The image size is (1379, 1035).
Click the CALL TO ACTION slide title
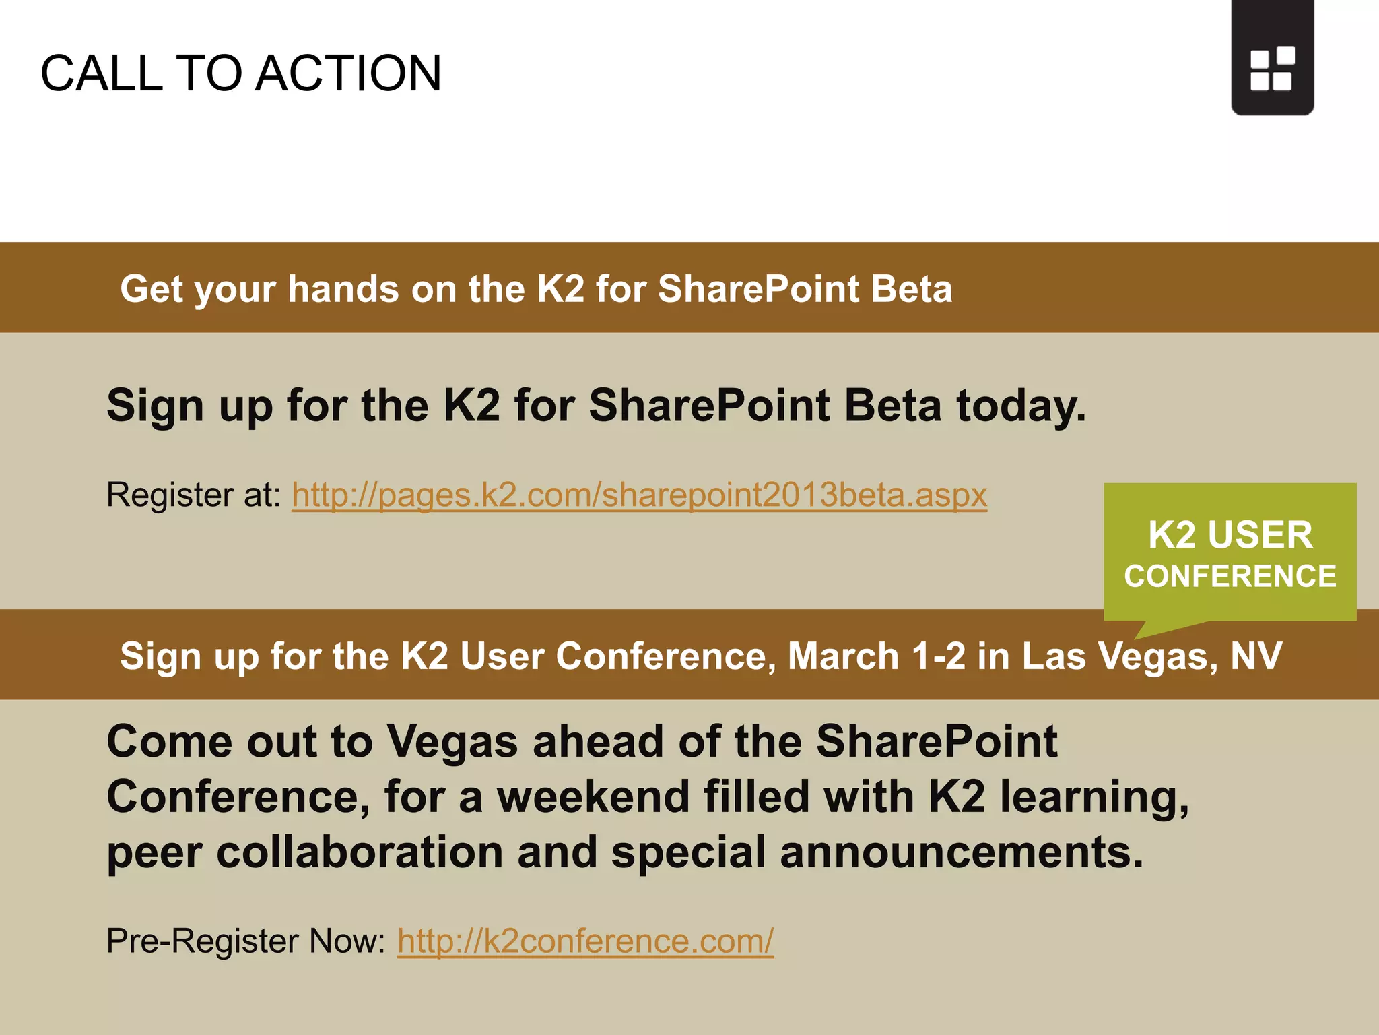[241, 73]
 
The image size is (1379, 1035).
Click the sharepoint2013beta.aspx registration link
[639, 495]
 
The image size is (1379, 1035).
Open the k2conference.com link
[585, 941]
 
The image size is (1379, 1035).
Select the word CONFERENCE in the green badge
[1230, 577]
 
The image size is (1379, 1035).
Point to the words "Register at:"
[194, 495]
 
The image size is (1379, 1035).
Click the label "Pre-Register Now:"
[246, 941]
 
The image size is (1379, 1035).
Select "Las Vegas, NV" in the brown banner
[1151, 656]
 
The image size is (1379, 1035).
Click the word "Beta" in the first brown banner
[911, 289]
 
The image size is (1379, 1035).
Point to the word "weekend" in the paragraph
[593, 796]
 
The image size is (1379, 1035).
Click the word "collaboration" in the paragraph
[360, 852]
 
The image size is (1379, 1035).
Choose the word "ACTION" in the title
[349, 73]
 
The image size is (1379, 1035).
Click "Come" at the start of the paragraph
[169, 741]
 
